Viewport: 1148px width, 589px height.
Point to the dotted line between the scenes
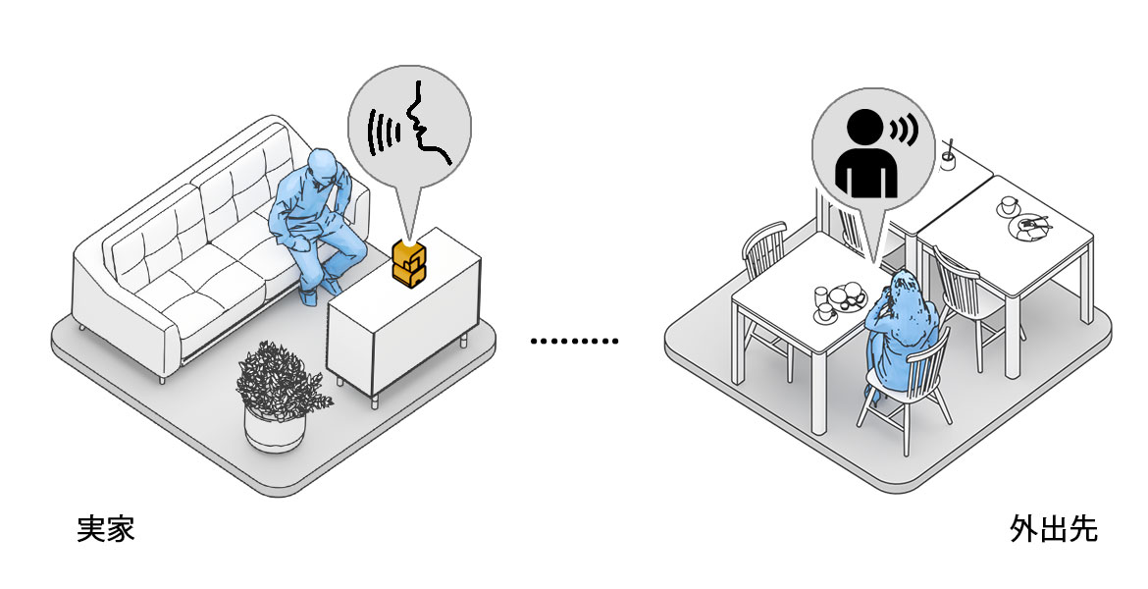pos(575,342)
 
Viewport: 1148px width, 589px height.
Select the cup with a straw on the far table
pos(949,157)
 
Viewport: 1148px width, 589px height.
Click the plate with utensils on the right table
pos(1031,227)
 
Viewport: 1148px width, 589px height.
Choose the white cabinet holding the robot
pos(402,314)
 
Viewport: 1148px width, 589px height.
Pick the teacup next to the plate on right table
pos(1009,206)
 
